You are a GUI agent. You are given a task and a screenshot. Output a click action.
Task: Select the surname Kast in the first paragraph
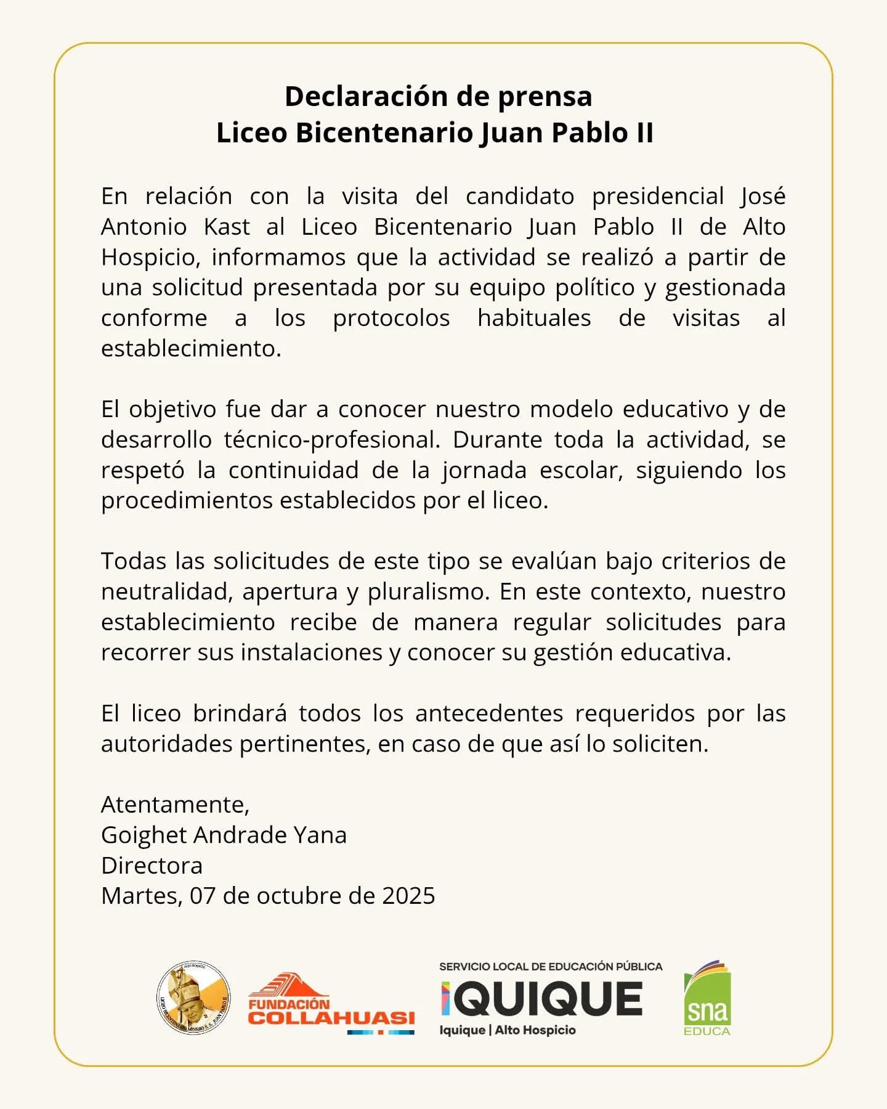[227, 227]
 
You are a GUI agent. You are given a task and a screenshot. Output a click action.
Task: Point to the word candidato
[520, 197]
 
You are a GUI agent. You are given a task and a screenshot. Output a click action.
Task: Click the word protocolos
[391, 318]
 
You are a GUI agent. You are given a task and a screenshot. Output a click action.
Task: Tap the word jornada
[484, 470]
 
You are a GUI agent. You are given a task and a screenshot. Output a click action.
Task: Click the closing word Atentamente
[175, 805]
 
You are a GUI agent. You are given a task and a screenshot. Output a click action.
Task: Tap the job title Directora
[152, 866]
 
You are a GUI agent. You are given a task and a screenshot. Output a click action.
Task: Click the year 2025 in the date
[408, 896]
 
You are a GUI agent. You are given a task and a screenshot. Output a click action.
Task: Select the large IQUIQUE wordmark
[542, 999]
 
